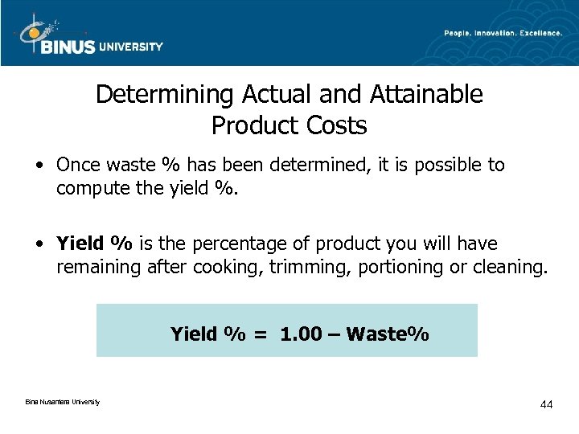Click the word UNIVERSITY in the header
[x=131, y=46]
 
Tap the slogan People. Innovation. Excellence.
[x=503, y=32]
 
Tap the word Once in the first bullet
[x=77, y=166]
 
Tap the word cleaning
[x=508, y=266]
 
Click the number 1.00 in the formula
[x=300, y=334]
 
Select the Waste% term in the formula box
[x=388, y=334]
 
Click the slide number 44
[x=546, y=404]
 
